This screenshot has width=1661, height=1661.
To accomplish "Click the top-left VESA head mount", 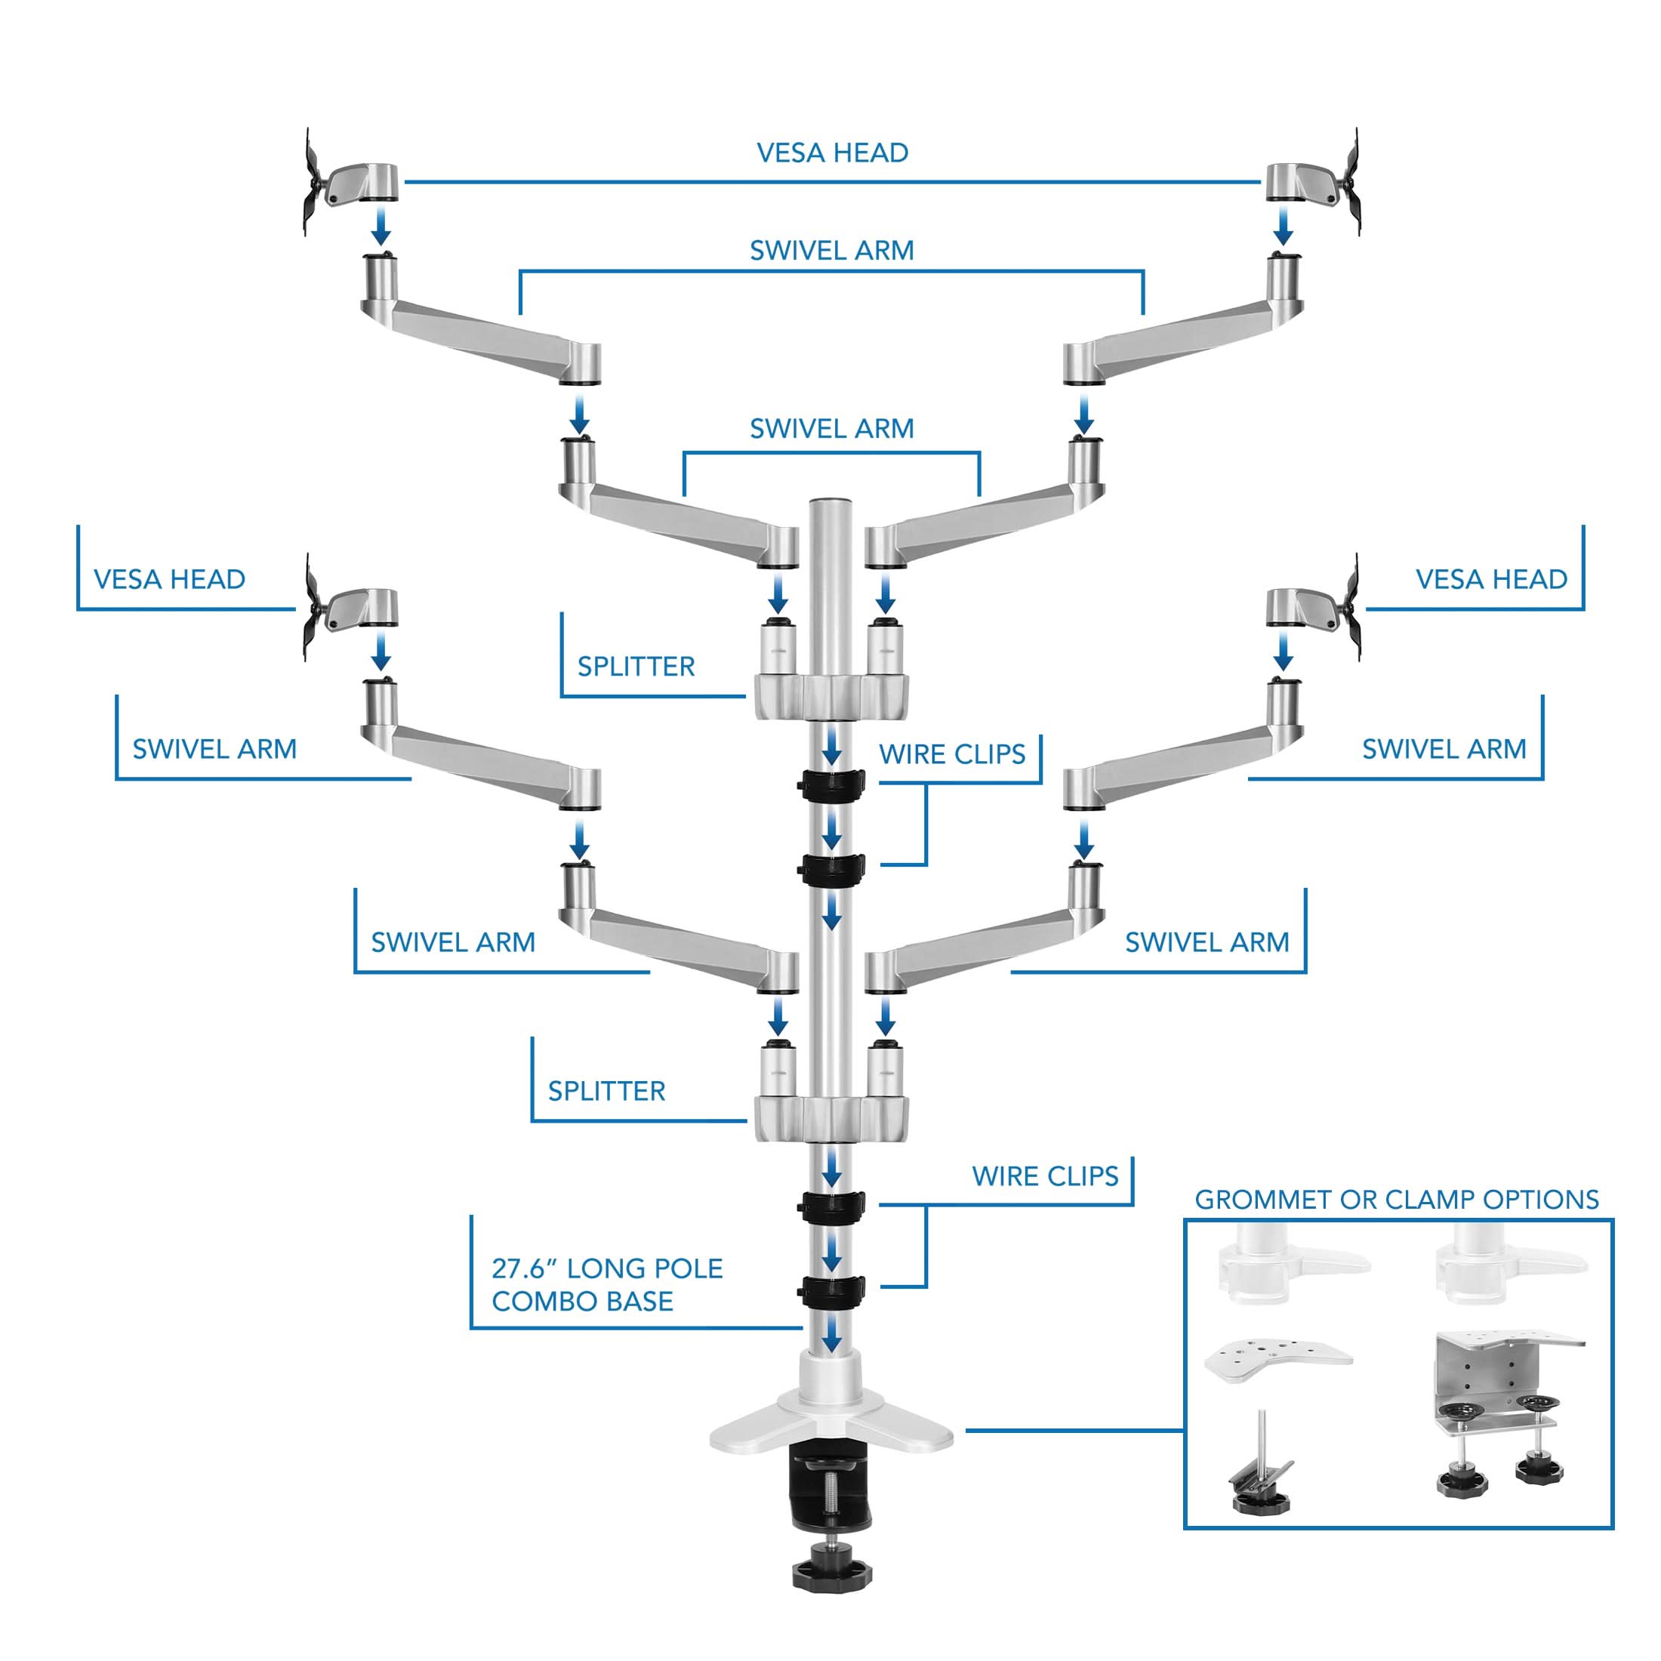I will coord(353,182).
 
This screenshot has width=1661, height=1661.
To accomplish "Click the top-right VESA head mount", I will coord(1312,182).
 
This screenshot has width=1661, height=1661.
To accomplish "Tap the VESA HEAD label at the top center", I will coord(832,153).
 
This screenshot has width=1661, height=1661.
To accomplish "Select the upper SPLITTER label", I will coord(636,667).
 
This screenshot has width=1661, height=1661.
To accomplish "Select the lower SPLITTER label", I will coord(606,1091).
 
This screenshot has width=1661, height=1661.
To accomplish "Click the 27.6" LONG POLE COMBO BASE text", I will coord(606,1284).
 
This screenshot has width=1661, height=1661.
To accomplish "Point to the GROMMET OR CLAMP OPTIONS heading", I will coord(1396,1200).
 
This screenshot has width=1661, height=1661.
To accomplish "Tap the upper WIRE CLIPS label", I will coord(952,755).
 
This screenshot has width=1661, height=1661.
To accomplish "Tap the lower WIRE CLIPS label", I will coord(1045,1176).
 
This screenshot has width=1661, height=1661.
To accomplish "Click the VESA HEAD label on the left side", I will coord(169,579).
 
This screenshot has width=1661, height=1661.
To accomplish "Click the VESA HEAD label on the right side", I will coord(1492,579).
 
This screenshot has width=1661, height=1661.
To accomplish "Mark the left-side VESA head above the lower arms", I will coord(353,609).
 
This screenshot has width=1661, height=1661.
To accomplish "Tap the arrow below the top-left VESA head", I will coord(381,228).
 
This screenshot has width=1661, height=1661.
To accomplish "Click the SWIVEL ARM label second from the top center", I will coord(831,428).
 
